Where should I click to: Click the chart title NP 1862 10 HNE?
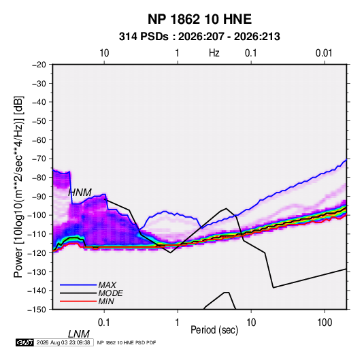[199, 19]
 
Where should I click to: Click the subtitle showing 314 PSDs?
[199, 37]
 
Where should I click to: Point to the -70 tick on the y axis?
[39, 159]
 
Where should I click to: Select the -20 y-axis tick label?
[39, 65]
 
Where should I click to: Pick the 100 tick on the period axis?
[325, 323]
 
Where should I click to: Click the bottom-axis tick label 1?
[178, 323]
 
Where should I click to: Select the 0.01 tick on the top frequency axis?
[324, 53]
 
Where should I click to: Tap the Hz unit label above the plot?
[214, 53]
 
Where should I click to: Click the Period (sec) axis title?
[214, 330]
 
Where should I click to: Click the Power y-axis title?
[18, 187]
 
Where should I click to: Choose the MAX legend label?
[107, 285]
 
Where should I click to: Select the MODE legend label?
[110, 293]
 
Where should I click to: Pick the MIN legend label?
[106, 301]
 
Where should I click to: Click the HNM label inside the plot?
[80, 193]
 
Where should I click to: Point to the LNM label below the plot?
[78, 334]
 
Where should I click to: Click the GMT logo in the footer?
[24, 342]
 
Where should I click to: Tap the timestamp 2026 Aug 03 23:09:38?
[63, 342]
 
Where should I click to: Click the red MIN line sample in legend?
[78, 301]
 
